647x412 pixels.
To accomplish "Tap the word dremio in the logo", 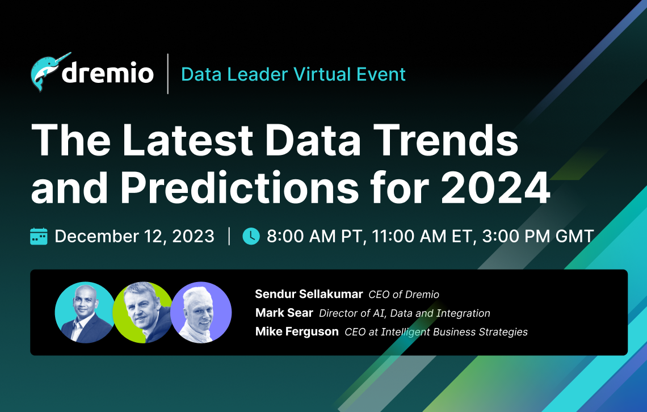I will (x=108, y=74).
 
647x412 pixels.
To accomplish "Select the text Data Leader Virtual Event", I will (x=293, y=74).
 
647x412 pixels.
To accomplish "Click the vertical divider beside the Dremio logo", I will (x=168, y=74).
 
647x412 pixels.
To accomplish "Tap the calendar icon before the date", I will (x=39, y=236).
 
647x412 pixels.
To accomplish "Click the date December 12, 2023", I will (x=135, y=236).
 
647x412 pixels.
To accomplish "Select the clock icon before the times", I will (x=251, y=236).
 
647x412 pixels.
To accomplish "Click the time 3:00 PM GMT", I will (x=537, y=236).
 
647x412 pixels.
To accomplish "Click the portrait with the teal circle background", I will (x=85, y=313).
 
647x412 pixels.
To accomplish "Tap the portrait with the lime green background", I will (x=142, y=313).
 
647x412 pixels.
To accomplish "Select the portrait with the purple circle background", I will (x=201, y=313).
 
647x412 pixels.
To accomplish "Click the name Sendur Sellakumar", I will (x=309, y=294).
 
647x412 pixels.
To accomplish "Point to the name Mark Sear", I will (x=284, y=313).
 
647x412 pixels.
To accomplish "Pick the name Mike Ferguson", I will (x=297, y=331).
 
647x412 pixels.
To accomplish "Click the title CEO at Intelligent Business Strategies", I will (x=436, y=331).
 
